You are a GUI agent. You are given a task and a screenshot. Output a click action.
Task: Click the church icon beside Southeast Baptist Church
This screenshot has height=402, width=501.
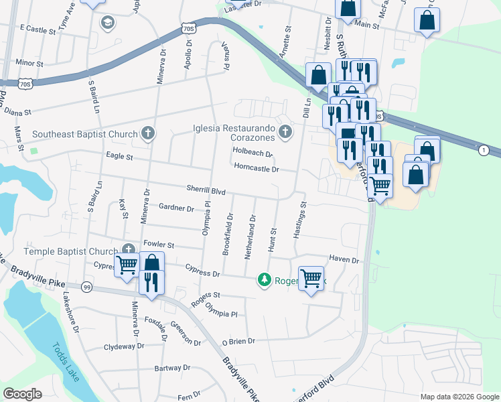[x=148, y=134]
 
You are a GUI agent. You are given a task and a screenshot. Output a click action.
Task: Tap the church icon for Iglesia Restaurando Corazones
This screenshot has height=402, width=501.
[x=285, y=132]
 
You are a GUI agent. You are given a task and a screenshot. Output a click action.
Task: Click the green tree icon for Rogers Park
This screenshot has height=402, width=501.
[x=265, y=280]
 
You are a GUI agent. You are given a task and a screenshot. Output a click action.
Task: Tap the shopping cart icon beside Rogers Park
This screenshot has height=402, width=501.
[x=311, y=277]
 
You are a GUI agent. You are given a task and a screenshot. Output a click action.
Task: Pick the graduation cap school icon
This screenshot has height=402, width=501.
[x=106, y=23]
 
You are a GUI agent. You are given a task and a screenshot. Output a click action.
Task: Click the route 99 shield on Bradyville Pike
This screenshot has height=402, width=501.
[x=86, y=287]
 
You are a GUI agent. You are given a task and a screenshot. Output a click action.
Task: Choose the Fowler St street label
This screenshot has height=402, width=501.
[x=158, y=245]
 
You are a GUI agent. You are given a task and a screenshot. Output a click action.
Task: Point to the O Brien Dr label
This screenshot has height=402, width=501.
[x=238, y=341]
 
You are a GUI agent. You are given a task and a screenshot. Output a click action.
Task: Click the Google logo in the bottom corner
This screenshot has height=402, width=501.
[x=23, y=393]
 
